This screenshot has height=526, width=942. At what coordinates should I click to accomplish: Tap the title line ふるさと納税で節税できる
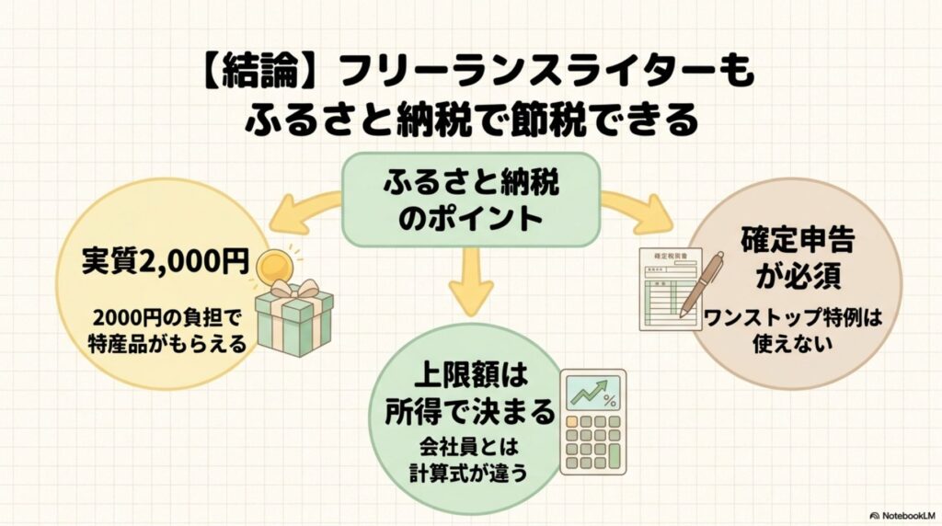[x=471, y=120]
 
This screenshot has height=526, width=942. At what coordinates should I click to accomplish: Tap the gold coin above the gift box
[x=275, y=267]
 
